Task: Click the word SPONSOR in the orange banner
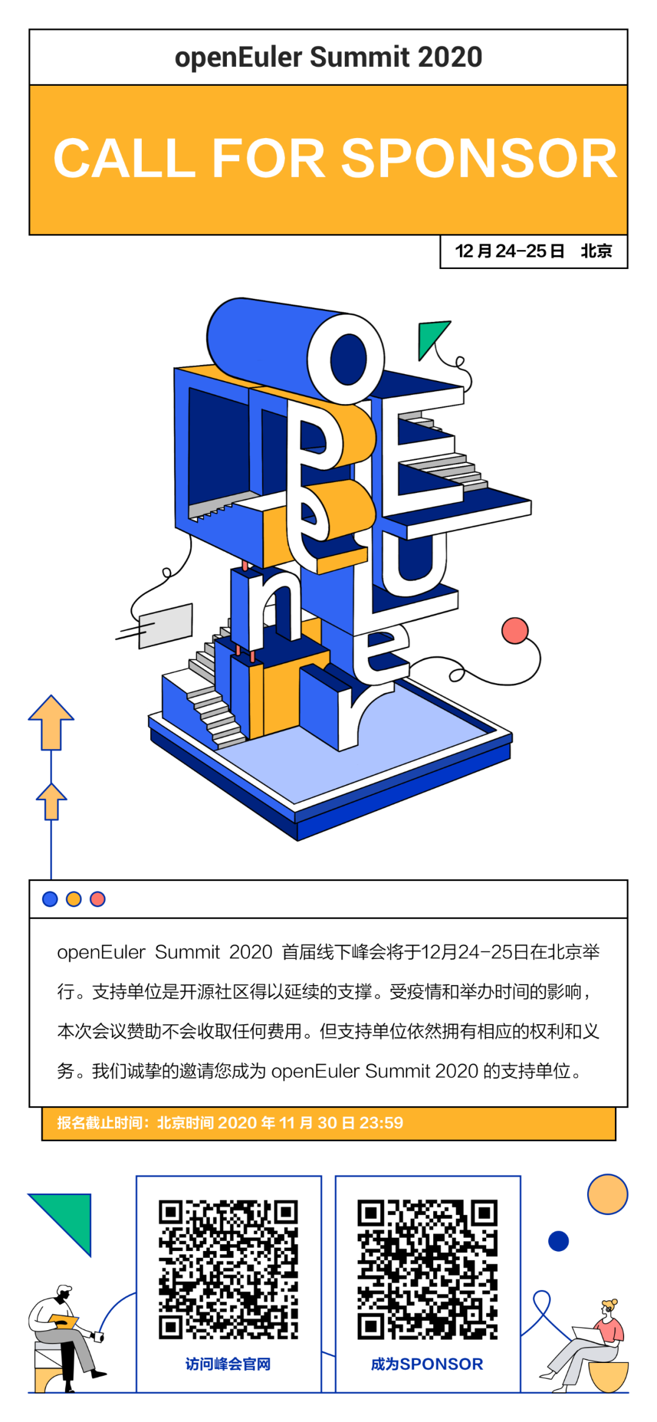(x=479, y=159)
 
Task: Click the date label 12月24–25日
(x=510, y=251)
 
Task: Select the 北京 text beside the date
(x=596, y=251)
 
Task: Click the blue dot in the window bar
(x=50, y=899)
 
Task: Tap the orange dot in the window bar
(x=74, y=899)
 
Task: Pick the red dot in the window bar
(x=97, y=899)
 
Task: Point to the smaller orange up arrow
(x=51, y=801)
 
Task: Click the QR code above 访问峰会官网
(x=228, y=1269)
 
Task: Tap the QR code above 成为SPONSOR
(x=427, y=1269)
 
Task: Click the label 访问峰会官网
(x=228, y=1364)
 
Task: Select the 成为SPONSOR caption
(x=427, y=1364)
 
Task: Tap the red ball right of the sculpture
(x=515, y=630)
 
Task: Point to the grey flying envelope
(x=165, y=626)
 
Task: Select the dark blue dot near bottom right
(x=558, y=1241)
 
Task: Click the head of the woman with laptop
(x=607, y=1309)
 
